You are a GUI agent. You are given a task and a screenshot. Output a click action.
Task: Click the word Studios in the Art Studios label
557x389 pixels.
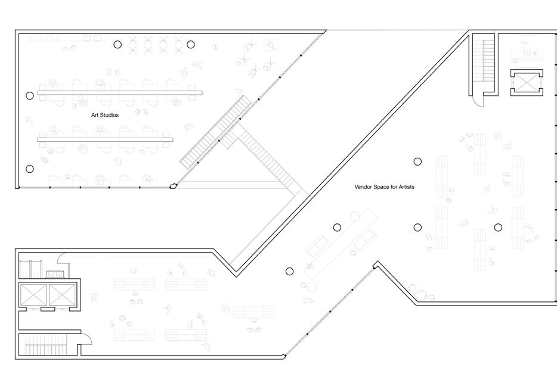coord(109,115)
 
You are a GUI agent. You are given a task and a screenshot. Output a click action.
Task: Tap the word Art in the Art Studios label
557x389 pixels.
coord(94,115)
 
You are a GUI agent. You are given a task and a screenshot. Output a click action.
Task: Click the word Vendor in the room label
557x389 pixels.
coord(364,187)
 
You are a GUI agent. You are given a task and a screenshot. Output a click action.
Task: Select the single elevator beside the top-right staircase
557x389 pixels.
coord(527,82)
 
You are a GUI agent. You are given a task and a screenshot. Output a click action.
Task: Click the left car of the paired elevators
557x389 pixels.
coord(33,295)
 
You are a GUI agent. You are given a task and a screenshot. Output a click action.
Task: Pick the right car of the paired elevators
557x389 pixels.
coord(63,295)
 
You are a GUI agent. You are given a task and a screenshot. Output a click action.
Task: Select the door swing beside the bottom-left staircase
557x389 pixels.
coord(85,340)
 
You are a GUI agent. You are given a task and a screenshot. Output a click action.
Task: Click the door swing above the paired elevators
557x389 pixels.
coord(61,259)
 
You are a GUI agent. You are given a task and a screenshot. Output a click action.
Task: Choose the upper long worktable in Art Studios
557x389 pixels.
coord(120,92)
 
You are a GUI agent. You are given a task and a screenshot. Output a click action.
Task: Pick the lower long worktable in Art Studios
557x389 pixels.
coord(105,139)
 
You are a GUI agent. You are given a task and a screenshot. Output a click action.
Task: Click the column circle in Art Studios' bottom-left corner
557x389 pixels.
coord(30,169)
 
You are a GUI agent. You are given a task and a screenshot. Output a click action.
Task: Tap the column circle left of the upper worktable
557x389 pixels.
coord(30,95)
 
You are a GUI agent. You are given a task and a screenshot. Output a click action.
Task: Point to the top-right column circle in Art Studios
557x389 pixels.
coord(191,44)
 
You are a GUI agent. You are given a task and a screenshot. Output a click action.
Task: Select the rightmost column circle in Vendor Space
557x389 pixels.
coord(498,227)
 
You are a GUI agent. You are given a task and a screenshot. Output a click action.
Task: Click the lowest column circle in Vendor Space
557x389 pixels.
coord(290,271)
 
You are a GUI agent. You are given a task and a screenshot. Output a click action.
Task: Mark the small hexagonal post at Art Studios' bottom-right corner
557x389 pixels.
coord(174,186)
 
